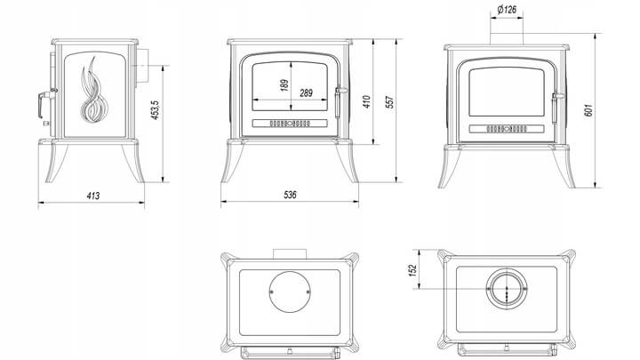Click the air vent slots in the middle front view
(x=291, y=122)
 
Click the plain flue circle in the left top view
(x=290, y=291)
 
